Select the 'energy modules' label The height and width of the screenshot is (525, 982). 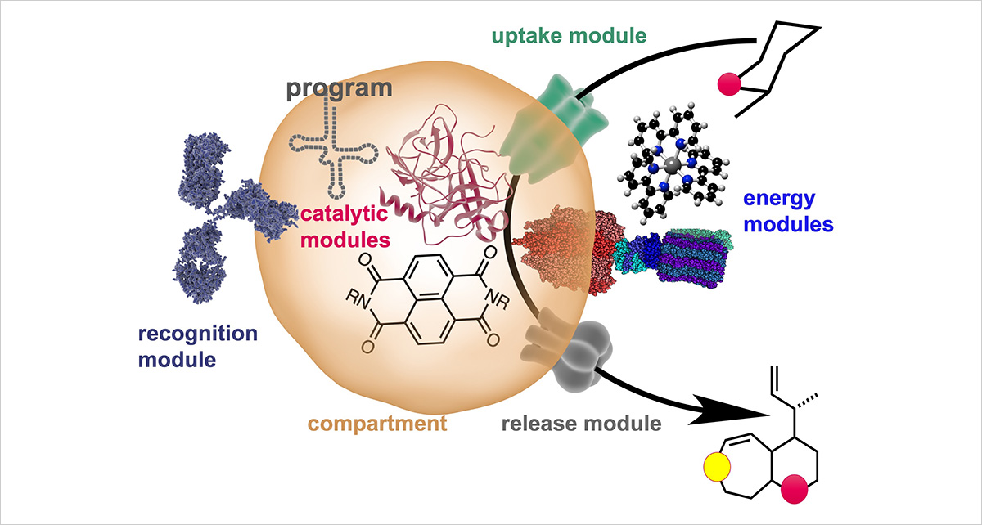pyautogui.click(x=786, y=209)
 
